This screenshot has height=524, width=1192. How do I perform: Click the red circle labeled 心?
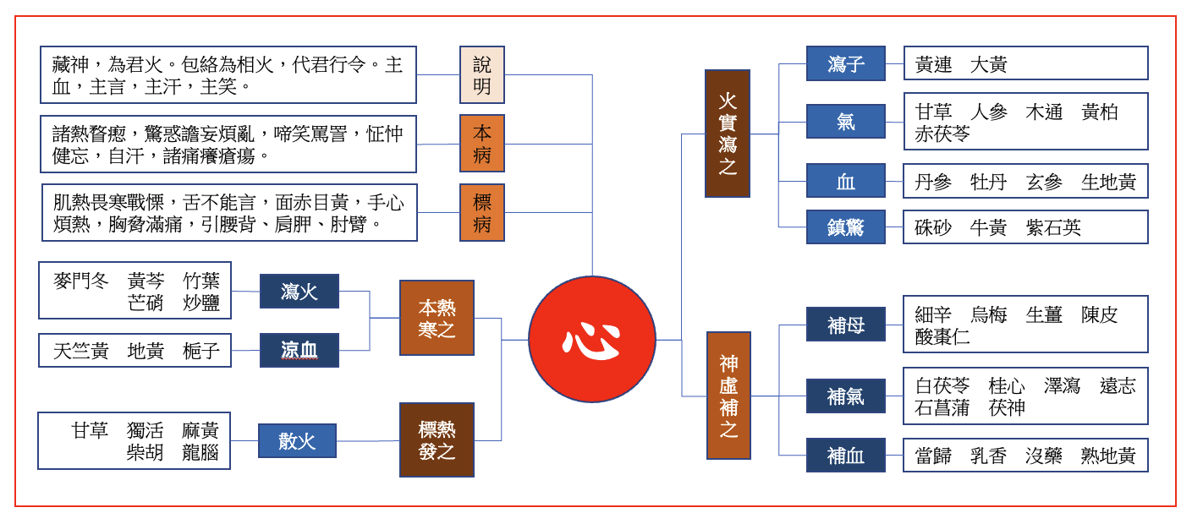click(591, 339)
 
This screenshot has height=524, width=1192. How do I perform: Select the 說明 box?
click(481, 75)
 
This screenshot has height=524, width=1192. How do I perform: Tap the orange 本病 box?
click(481, 144)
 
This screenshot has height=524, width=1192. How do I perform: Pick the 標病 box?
click(481, 212)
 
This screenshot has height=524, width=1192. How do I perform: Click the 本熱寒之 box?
click(437, 318)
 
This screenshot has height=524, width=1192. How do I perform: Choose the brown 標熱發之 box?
click(437, 439)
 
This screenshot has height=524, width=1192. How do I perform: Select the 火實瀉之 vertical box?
click(727, 134)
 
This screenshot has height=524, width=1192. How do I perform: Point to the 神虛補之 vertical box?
click(728, 396)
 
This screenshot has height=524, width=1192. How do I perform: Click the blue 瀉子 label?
click(845, 64)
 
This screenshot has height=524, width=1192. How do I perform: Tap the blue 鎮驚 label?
click(845, 227)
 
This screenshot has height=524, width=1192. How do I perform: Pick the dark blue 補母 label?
click(845, 325)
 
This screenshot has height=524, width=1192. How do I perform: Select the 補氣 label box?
click(845, 396)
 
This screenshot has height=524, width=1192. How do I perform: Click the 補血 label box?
click(845, 456)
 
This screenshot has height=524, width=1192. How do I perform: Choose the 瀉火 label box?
click(299, 292)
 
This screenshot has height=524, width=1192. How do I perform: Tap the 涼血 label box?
click(299, 350)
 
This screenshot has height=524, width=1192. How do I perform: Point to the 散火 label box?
click(296, 440)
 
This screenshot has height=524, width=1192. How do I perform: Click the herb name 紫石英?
click(1053, 227)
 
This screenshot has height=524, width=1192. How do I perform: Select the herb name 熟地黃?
click(1108, 456)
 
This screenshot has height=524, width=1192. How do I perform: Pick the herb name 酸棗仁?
click(942, 336)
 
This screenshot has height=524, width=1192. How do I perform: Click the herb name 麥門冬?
click(81, 281)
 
